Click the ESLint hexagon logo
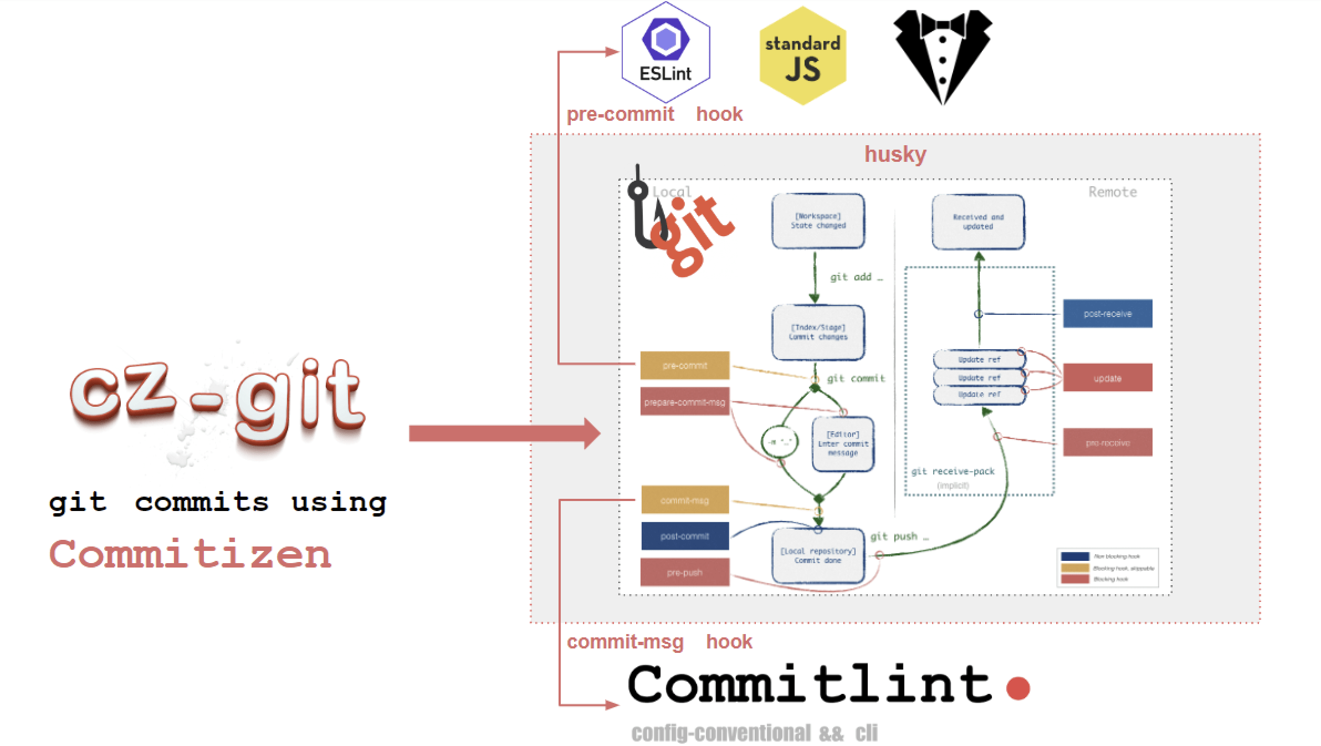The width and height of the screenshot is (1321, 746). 665,53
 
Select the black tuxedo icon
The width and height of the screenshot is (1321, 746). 943,55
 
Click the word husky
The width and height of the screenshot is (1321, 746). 895,154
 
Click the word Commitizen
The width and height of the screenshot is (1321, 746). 190,554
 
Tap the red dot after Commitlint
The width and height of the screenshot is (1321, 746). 1017,688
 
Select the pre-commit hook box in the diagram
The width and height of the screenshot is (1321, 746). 684,366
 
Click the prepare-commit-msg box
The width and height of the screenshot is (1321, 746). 684,402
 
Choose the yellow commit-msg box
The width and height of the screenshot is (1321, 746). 684,500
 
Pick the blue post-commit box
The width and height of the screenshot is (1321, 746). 684,536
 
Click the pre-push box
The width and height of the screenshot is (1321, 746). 684,573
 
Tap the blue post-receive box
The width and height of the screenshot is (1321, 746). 1107,314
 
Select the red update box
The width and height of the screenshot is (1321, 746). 1107,378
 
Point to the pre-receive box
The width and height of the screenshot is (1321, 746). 1107,442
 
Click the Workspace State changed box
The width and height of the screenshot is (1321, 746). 818,221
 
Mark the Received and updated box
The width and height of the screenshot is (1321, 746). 978,222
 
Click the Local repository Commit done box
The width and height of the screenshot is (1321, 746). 818,555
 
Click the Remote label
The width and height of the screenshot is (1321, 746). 1112,192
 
